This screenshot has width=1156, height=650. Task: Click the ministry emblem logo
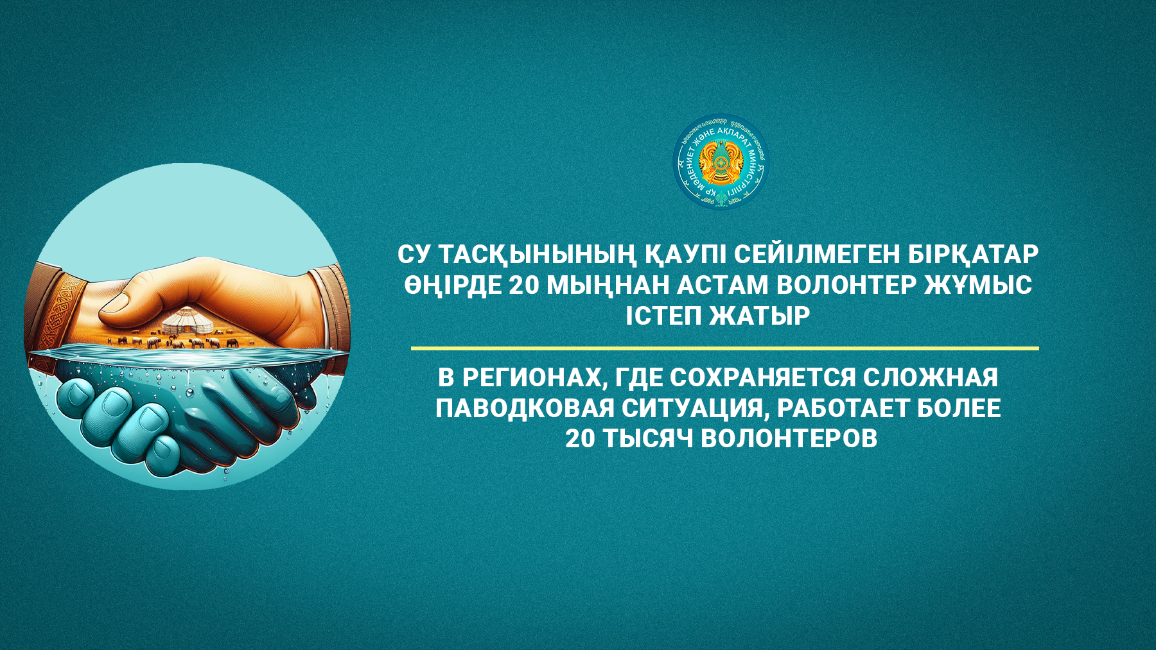[721, 162]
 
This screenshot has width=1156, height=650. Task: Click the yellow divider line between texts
[724, 348]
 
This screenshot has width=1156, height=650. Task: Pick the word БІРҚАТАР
[973, 255]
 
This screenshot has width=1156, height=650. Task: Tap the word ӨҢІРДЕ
[453, 285]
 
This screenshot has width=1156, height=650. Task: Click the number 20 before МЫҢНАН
[523, 285]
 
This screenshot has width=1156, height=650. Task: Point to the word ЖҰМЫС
[977, 285]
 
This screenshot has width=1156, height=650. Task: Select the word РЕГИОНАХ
[534, 378]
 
